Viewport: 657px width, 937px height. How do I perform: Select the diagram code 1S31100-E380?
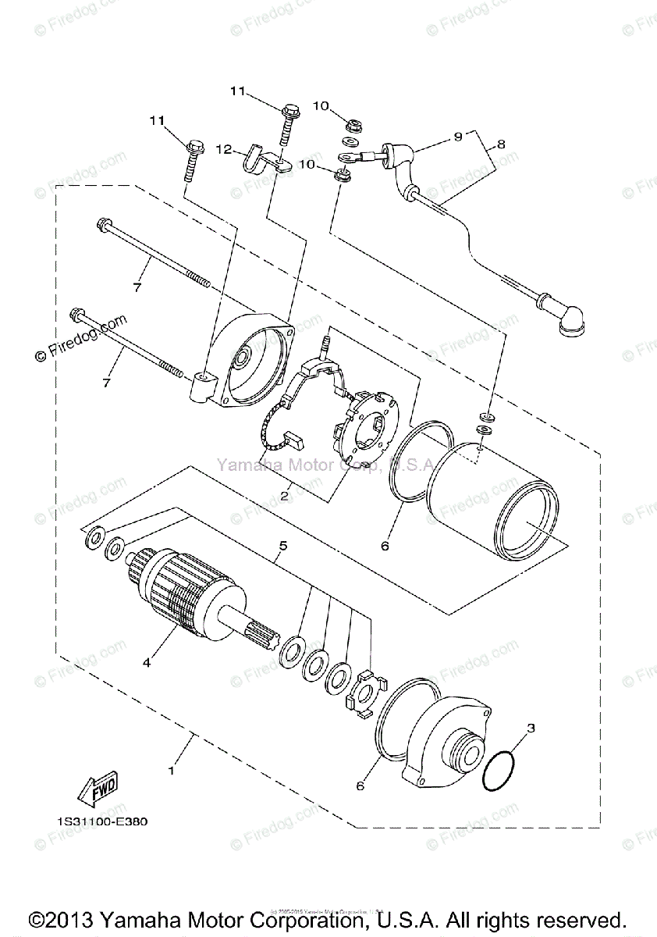point(101,821)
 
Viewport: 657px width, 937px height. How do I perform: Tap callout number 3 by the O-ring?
point(531,729)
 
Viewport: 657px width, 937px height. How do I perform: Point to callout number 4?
point(146,663)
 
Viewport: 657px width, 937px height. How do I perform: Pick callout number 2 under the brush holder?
point(286,494)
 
